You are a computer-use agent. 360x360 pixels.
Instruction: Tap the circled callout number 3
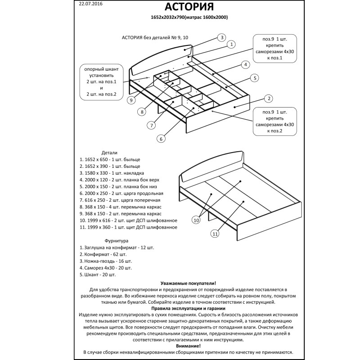pos(221,37)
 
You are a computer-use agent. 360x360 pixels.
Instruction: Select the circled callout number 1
pos(231,44)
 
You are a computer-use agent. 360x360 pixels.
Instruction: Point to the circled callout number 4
pos(244,64)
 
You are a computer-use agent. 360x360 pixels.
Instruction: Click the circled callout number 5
pos(254,78)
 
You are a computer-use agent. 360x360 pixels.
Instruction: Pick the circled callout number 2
pos(269,99)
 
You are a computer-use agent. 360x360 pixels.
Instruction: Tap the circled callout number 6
pos(160,139)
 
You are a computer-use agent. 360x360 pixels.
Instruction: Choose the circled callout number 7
pos(152,125)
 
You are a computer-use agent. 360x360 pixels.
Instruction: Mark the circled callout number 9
pos(131,99)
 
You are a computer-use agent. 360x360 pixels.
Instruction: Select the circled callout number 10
pos(196,220)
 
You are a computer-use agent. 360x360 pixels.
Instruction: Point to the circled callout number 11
pos(215,234)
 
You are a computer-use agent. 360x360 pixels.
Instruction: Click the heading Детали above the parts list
pos(109,152)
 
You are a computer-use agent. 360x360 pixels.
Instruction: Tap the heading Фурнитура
pos(117,241)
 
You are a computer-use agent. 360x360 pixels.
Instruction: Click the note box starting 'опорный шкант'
pos(101,81)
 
